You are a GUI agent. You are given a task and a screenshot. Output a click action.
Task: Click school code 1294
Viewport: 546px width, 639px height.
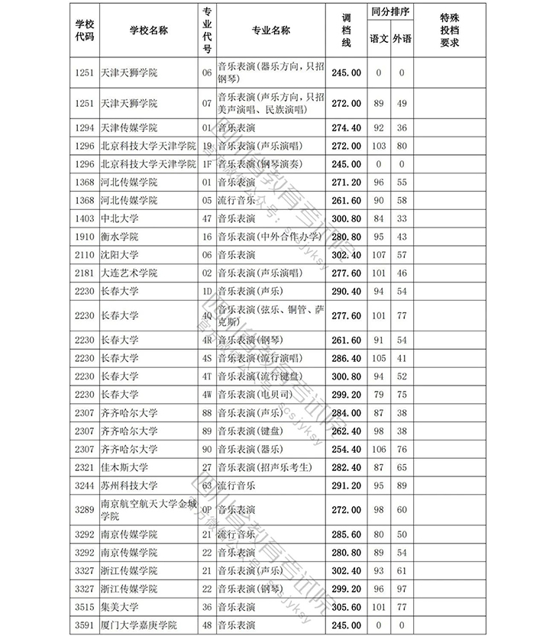(85, 127)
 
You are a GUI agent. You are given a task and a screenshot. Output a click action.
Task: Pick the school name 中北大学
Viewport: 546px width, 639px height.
(118, 219)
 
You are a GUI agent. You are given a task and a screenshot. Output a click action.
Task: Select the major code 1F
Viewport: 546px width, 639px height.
(206, 164)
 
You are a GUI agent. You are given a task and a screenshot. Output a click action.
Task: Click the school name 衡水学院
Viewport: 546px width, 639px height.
(118, 237)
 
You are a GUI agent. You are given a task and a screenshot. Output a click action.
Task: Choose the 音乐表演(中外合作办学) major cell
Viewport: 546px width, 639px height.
(267, 237)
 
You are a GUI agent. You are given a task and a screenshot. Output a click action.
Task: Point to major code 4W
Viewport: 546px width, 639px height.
(206, 395)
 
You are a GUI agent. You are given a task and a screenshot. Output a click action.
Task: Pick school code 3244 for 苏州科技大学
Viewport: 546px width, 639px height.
(85, 486)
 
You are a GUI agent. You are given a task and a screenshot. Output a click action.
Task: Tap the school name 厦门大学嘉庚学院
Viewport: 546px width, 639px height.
(138, 626)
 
